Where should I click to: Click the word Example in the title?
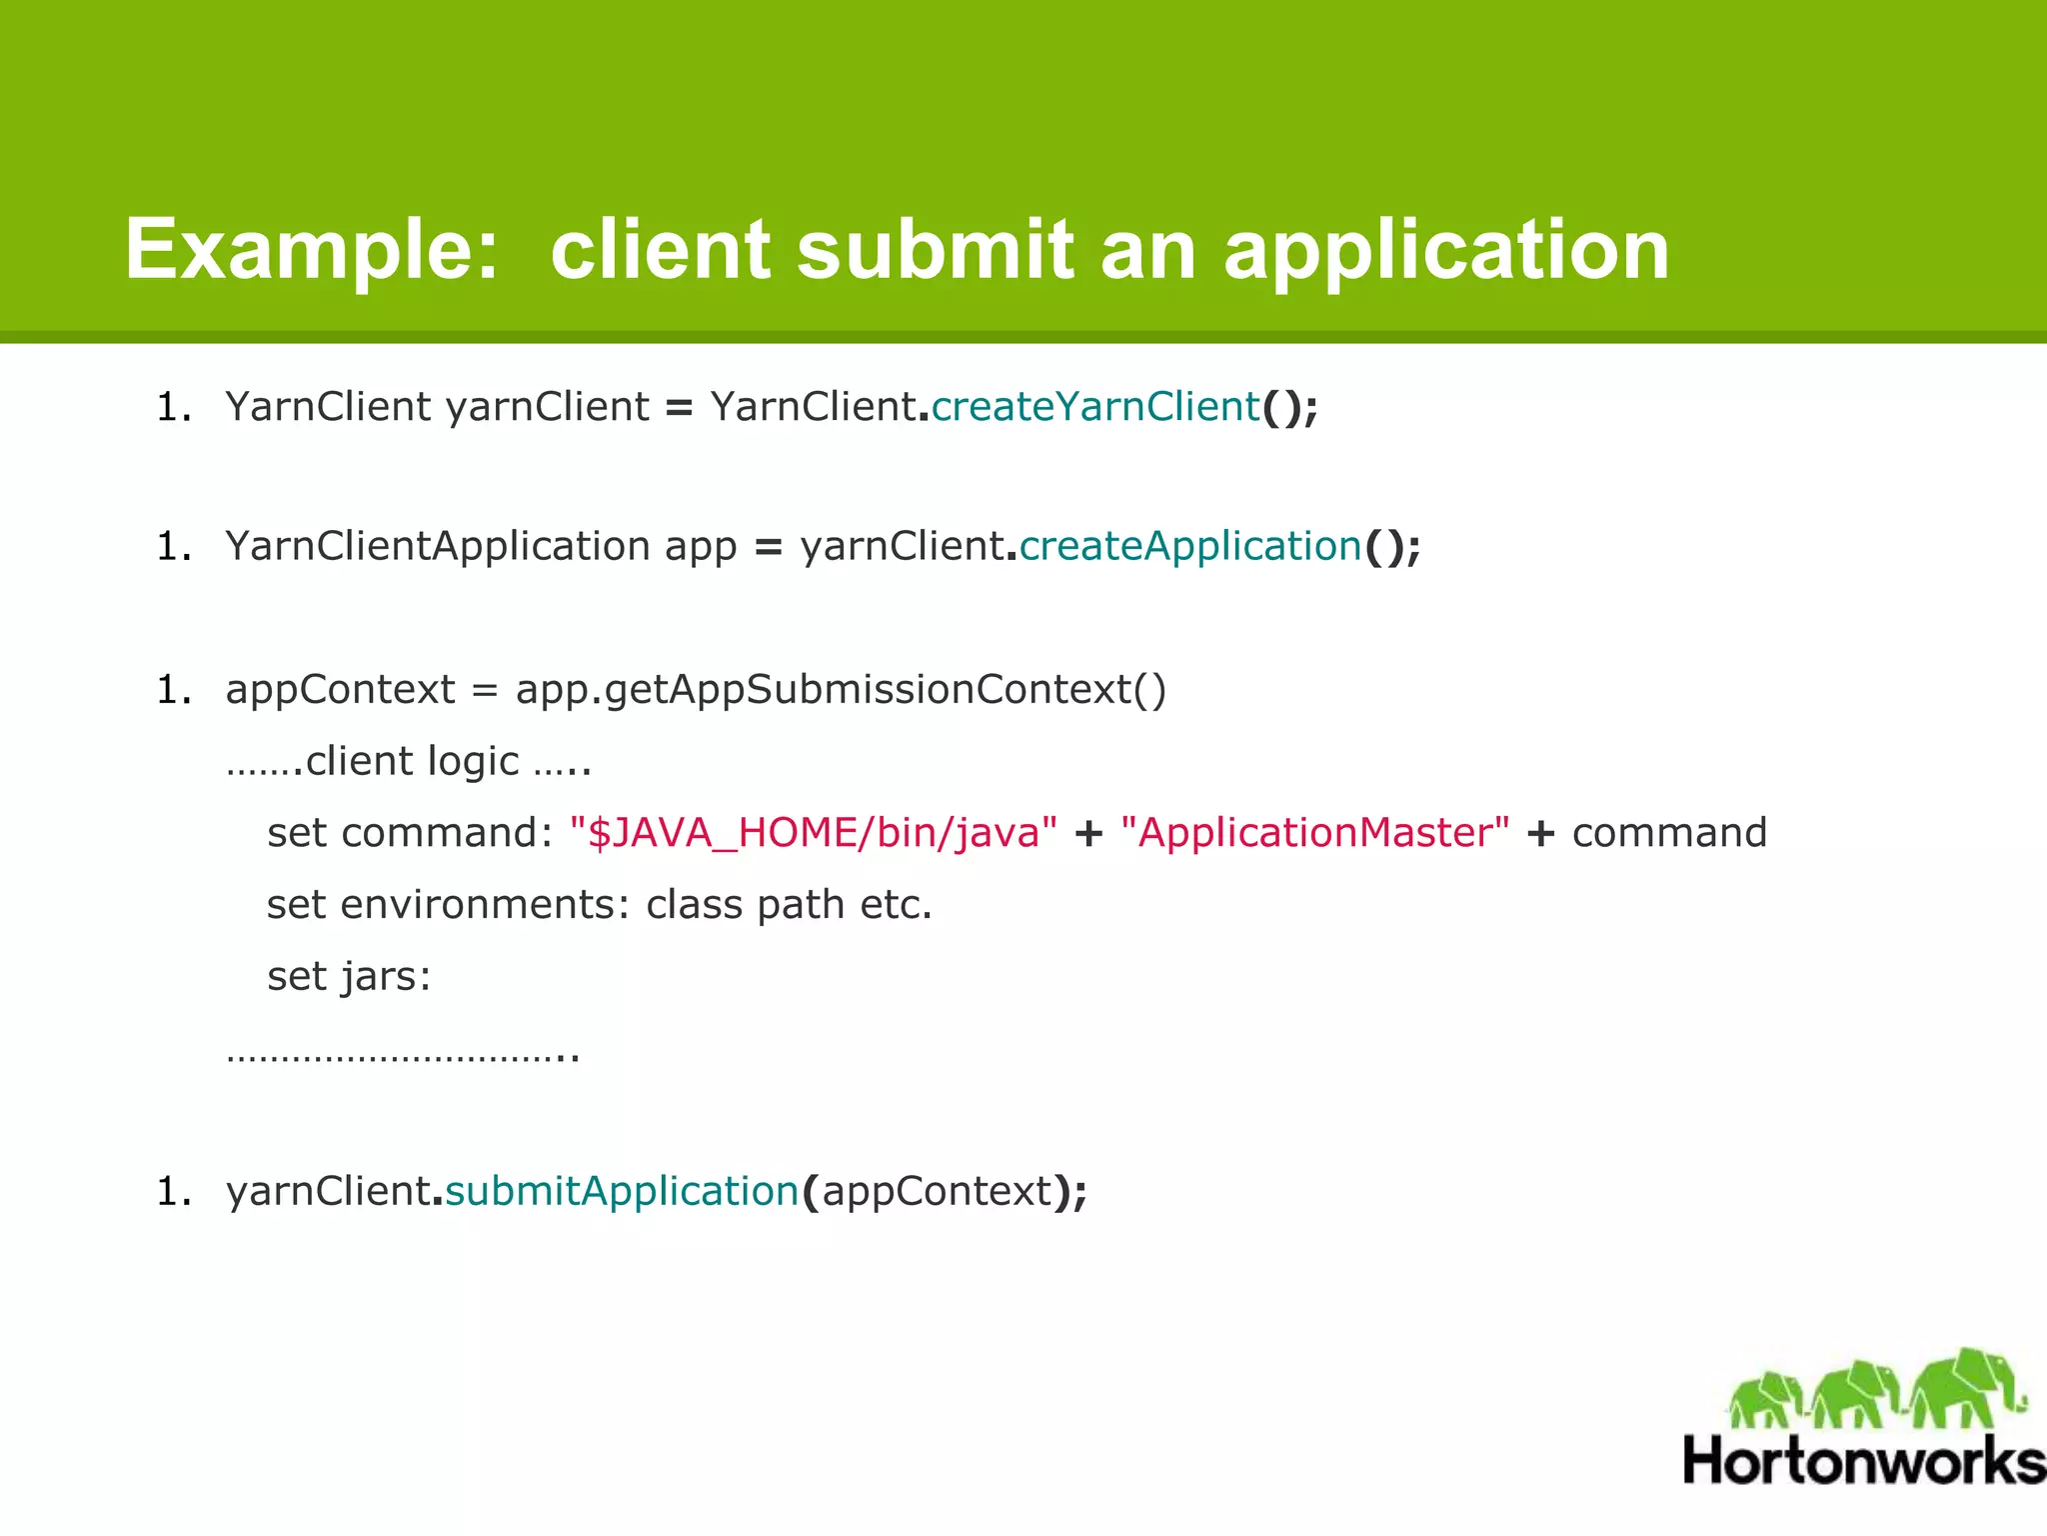[311, 250]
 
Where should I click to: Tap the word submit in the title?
[934, 250]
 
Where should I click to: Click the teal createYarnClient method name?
[1095, 407]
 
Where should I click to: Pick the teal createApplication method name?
[1190, 546]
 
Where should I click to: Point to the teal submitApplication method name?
[622, 1191]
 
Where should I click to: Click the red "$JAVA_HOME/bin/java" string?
[813, 833]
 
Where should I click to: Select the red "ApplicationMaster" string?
[1314, 833]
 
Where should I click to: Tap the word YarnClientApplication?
[438, 546]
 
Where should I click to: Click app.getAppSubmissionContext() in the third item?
[841, 690]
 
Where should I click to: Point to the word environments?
[485, 905]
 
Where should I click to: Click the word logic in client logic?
[473, 762]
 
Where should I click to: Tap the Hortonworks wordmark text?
[1863, 1461]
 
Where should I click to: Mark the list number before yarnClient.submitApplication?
[173, 1191]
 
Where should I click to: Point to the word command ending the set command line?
[1669, 833]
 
